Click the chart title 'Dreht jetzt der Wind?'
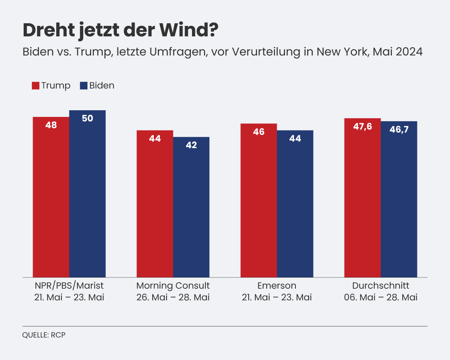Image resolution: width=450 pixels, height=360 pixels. click(120, 30)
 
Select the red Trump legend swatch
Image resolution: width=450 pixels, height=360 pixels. click(36, 85)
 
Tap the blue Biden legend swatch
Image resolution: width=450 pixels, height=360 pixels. click(84, 85)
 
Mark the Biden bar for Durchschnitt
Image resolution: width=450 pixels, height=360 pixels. click(399, 199)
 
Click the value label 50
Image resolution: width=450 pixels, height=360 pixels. click(87, 118)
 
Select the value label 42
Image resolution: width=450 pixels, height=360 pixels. click(191, 145)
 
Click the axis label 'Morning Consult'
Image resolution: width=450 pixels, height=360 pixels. click(173, 286)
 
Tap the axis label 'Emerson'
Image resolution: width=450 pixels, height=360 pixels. click(277, 286)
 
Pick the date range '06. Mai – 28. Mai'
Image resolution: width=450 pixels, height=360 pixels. click(381, 298)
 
